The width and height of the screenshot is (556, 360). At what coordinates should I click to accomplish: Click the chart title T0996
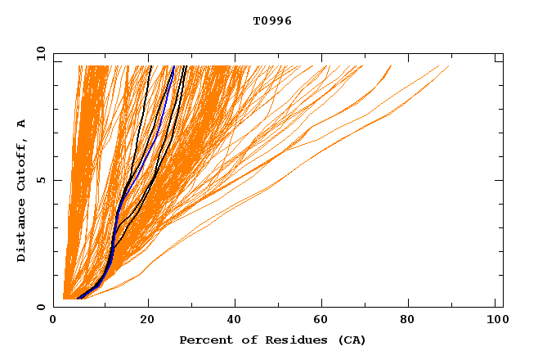click(272, 21)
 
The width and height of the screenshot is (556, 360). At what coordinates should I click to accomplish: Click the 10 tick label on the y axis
click(40, 54)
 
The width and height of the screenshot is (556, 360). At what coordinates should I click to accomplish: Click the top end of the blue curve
click(173, 66)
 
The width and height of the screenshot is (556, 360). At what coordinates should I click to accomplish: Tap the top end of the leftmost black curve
click(150, 66)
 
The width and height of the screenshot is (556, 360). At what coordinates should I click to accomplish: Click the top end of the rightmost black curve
click(186, 66)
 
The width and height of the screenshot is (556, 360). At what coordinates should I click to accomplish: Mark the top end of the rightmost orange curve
click(449, 66)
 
